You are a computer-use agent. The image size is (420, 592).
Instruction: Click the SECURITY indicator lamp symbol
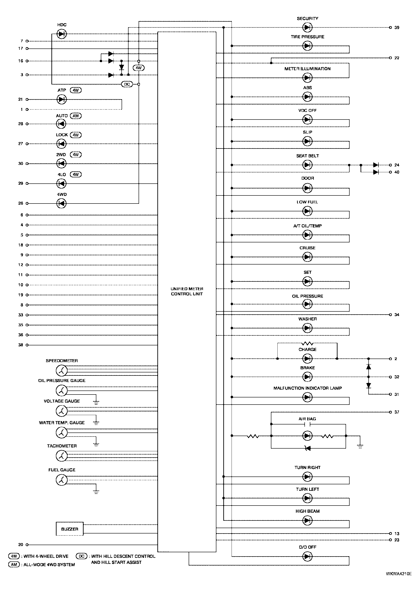(307, 27)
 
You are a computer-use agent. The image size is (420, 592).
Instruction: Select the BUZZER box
(70, 529)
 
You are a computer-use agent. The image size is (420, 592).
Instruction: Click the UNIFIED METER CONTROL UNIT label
(187, 291)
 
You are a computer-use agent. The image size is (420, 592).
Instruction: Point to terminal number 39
(397, 28)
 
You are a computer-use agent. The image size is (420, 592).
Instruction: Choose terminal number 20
(21, 544)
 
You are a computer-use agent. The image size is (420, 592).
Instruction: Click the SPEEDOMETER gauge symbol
(61, 371)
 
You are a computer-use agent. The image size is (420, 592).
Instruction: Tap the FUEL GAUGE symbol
(61, 480)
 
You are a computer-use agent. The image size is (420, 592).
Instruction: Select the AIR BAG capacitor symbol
(307, 424)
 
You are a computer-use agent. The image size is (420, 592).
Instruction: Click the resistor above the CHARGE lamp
(307, 343)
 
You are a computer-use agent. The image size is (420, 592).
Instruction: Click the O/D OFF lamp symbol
(307, 556)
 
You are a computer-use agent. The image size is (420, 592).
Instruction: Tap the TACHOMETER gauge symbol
(61, 456)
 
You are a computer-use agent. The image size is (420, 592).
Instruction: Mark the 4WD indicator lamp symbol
(61, 204)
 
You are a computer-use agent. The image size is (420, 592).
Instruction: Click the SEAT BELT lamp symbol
(307, 165)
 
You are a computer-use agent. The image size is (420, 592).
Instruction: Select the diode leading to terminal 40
(376, 172)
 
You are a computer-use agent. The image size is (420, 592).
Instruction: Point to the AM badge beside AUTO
(76, 116)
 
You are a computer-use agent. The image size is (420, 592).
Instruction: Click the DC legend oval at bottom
(81, 556)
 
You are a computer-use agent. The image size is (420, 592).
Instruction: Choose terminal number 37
(397, 412)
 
